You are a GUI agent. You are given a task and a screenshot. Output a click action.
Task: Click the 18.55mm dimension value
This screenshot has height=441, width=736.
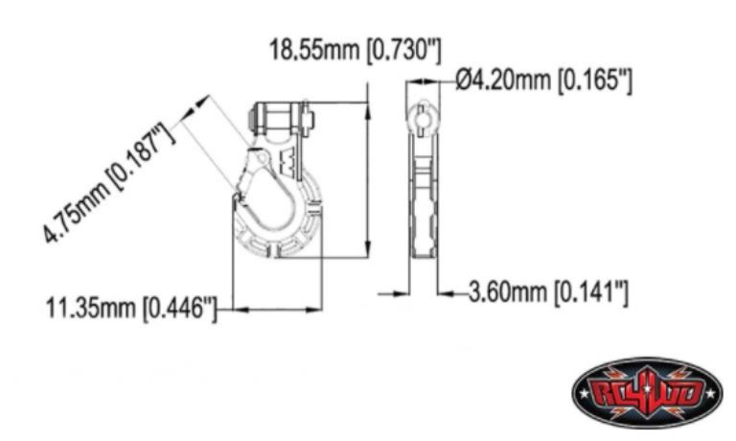pos(314,50)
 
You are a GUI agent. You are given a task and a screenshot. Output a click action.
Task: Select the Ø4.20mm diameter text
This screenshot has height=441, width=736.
pos(503,80)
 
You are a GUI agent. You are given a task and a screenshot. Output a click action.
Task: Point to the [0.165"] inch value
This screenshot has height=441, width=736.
pos(595,81)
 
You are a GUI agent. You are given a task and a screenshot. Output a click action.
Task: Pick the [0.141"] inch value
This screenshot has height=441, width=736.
pos(590,293)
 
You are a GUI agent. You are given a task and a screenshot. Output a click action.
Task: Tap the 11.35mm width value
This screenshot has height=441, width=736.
pos(91,309)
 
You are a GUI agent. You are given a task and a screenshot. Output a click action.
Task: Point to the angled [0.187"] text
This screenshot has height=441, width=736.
pos(142,156)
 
